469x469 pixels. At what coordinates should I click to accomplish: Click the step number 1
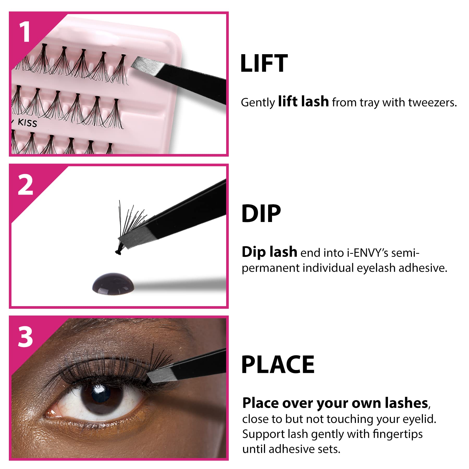click(25, 32)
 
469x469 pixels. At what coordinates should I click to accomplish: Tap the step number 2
click(26, 185)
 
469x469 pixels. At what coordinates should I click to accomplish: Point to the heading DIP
click(261, 214)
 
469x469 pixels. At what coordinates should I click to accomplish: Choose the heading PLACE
click(278, 365)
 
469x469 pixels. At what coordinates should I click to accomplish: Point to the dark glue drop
click(113, 284)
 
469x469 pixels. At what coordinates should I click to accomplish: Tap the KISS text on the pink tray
click(27, 123)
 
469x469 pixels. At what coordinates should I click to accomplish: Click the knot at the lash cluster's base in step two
click(118, 251)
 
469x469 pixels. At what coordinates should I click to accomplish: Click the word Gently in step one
click(258, 103)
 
